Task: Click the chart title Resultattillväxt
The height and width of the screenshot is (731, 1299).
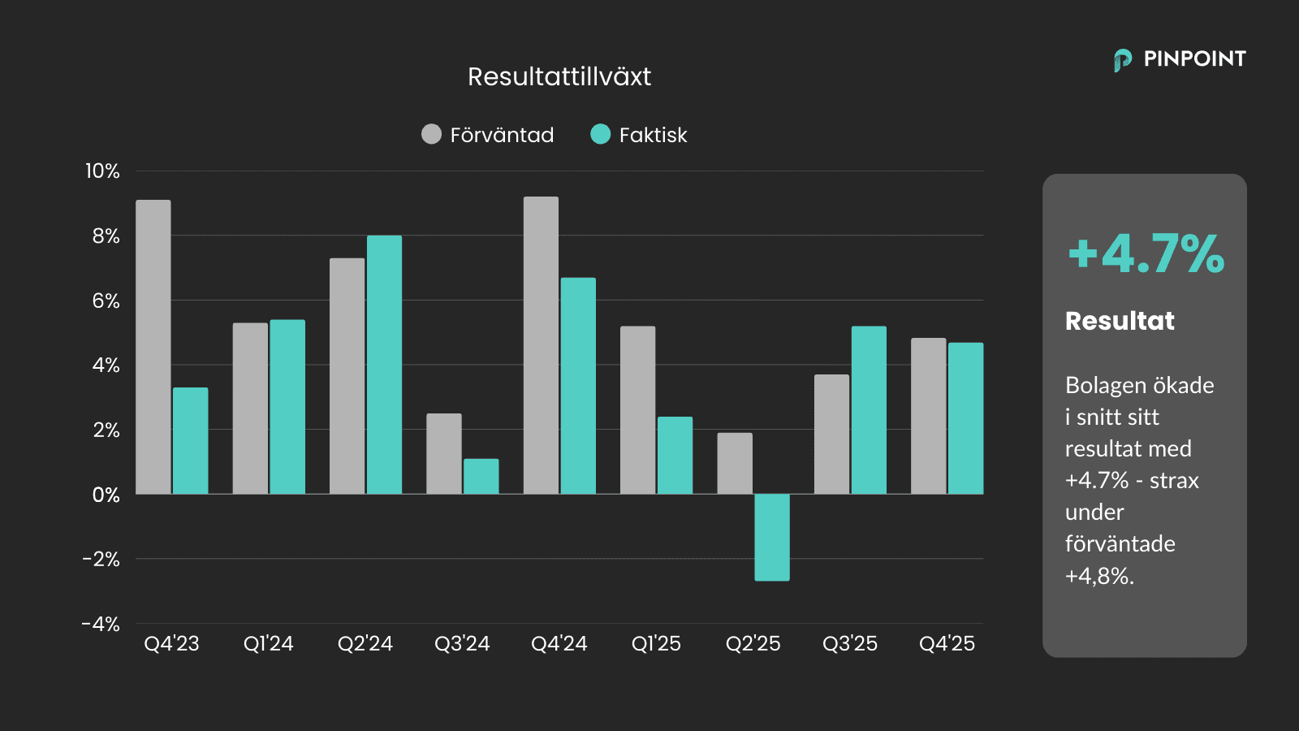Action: tap(559, 76)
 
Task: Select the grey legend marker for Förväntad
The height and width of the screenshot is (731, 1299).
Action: tap(431, 134)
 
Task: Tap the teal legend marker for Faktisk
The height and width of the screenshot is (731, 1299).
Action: tap(600, 134)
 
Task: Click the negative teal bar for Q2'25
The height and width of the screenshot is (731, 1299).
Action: tap(771, 537)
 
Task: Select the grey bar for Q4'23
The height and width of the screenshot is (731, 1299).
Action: tap(153, 347)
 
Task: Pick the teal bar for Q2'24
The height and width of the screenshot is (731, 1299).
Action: tap(384, 365)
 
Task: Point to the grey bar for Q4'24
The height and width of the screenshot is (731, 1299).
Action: tap(541, 345)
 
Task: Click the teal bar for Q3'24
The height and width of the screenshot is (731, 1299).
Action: tap(481, 476)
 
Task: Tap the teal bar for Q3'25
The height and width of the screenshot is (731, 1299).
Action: tap(869, 410)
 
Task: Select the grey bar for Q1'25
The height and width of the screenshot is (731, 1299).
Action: tap(637, 410)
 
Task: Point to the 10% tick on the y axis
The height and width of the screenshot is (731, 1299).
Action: tap(102, 171)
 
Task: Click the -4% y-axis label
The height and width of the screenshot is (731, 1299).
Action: tap(101, 624)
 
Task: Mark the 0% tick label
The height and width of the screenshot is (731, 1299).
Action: tap(106, 495)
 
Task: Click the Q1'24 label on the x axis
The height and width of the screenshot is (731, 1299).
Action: tap(268, 643)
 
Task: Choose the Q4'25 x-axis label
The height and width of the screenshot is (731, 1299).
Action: tap(947, 643)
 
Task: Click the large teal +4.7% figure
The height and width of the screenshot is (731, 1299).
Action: tap(1146, 253)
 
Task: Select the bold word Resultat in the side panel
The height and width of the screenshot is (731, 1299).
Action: tap(1120, 321)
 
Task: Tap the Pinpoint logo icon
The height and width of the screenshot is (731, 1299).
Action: tap(1123, 59)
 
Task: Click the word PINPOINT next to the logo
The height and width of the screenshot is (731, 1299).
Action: tap(1194, 58)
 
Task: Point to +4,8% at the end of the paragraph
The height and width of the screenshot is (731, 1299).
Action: tap(1099, 576)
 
